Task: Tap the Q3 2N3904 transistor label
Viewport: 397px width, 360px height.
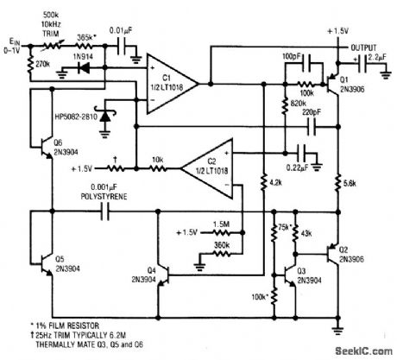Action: click(308, 274)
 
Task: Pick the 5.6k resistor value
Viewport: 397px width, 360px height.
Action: click(350, 185)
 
